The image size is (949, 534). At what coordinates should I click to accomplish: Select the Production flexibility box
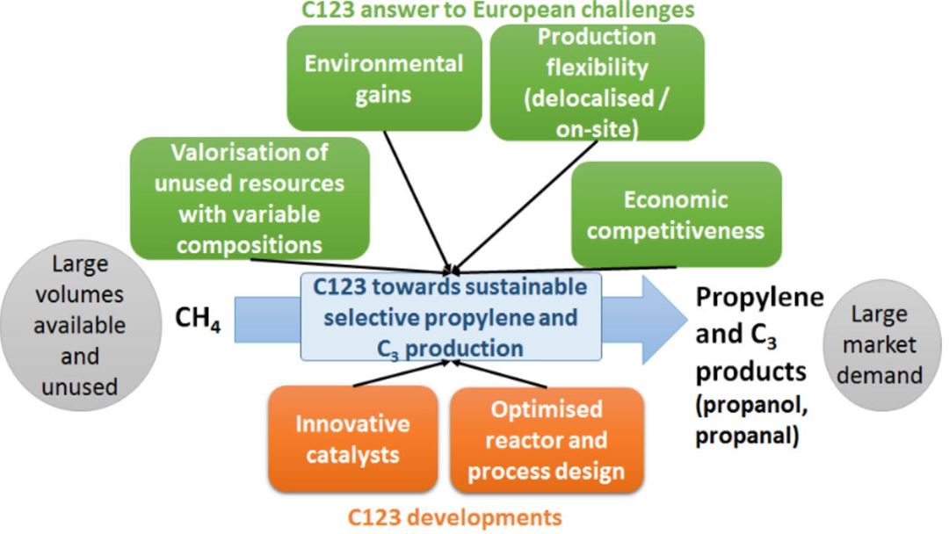pyautogui.click(x=597, y=83)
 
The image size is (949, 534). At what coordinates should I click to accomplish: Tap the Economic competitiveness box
pyautogui.click(x=676, y=215)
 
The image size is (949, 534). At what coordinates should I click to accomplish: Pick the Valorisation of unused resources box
pyautogui.click(x=249, y=197)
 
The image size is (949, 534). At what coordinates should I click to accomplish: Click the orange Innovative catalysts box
pyautogui.click(x=351, y=438)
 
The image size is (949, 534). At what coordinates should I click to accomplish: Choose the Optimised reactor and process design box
pyautogui.click(x=546, y=440)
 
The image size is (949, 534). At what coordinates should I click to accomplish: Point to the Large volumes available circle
pyautogui.click(x=78, y=325)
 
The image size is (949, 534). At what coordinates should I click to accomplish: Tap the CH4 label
pyautogui.click(x=203, y=321)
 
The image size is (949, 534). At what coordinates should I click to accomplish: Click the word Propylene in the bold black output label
pyautogui.click(x=760, y=298)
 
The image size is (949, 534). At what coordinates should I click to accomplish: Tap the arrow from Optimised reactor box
pyautogui.click(x=505, y=375)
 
